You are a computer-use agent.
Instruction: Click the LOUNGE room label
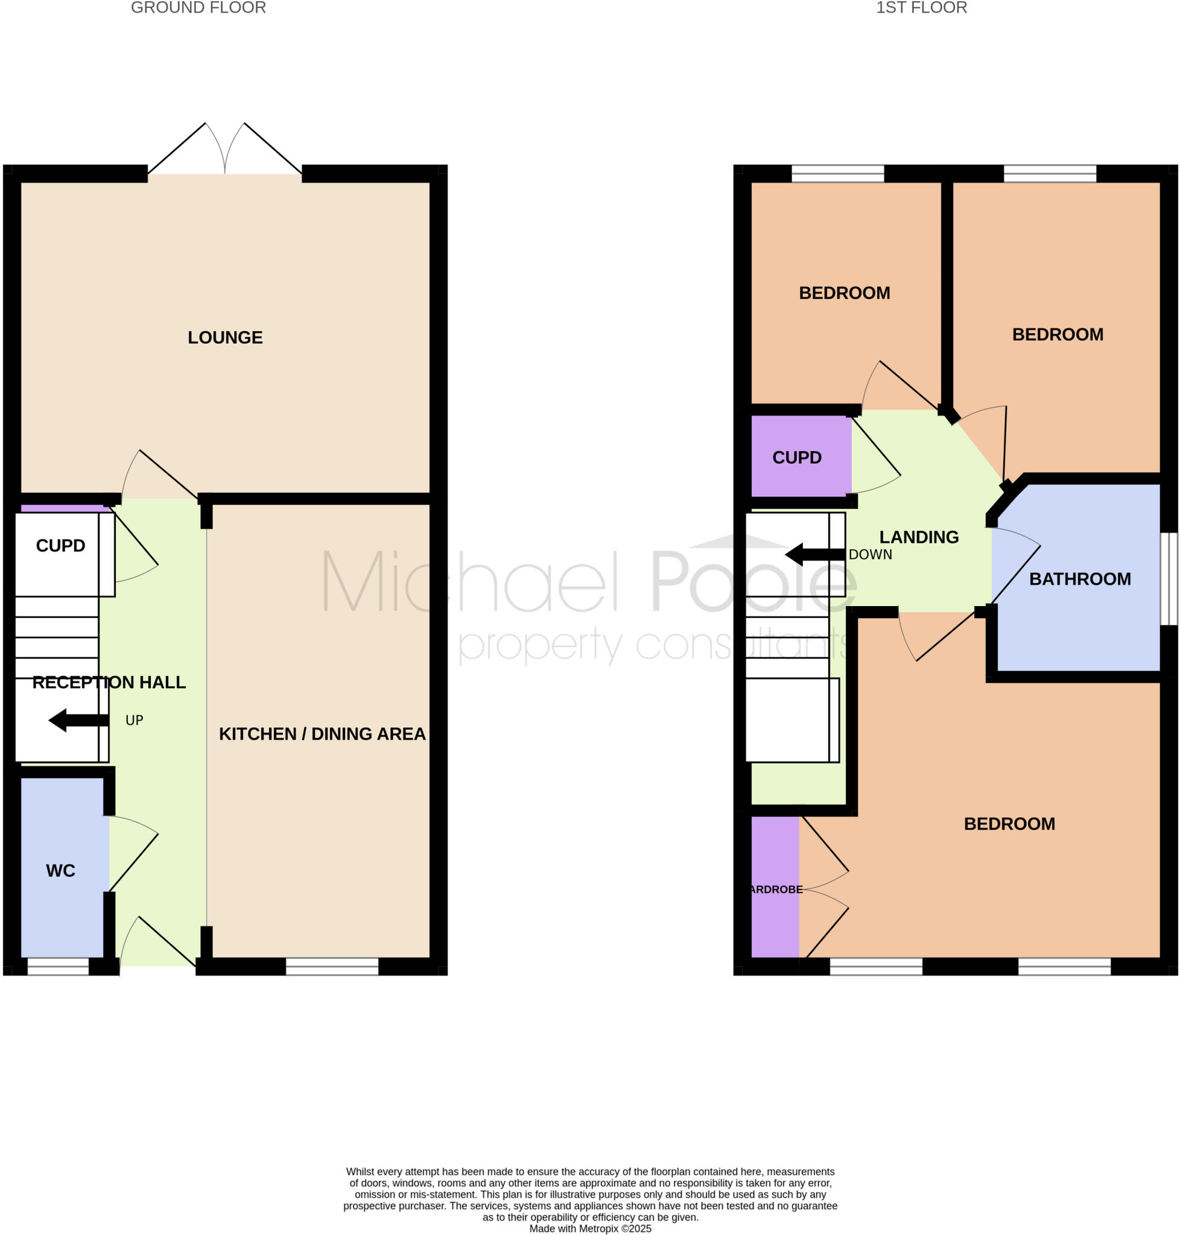coord(225,338)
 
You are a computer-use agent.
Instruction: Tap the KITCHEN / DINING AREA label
coord(322,734)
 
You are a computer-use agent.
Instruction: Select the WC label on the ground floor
coord(60,870)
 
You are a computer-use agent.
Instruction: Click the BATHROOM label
coord(1079,579)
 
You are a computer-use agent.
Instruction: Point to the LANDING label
coord(918,537)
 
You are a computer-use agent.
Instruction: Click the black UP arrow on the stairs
coord(78,721)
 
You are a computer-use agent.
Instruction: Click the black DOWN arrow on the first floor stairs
coord(814,555)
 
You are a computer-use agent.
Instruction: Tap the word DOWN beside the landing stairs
coord(870,555)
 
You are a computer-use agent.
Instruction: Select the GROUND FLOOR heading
coord(198,8)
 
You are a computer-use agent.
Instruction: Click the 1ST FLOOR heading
coord(921,8)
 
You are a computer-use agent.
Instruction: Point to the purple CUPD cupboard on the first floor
coord(798,457)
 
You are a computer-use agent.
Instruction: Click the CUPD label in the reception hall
coord(60,545)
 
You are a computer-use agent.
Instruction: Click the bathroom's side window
coord(1168,578)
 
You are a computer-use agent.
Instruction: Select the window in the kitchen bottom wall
coord(332,966)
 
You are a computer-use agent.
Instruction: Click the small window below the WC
coord(58,966)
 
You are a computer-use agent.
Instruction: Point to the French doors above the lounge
coord(224,151)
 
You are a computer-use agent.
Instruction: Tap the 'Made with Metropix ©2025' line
coord(590,1228)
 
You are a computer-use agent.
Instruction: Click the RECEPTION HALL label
coord(109,682)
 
